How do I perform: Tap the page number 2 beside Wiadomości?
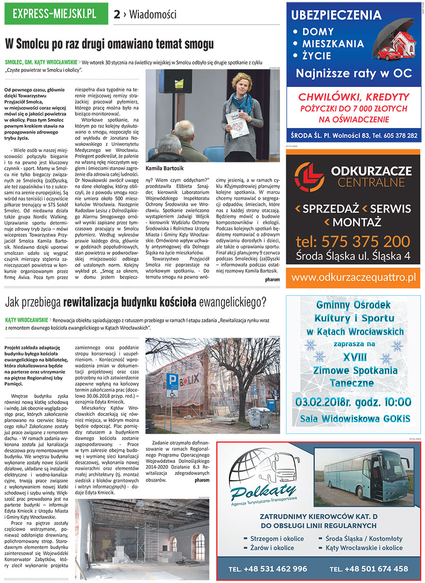116,15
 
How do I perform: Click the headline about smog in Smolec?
109,44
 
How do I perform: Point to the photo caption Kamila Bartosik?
165,168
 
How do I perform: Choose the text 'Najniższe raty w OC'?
354,73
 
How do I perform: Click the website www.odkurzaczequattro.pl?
353,277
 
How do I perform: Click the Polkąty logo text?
264,491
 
